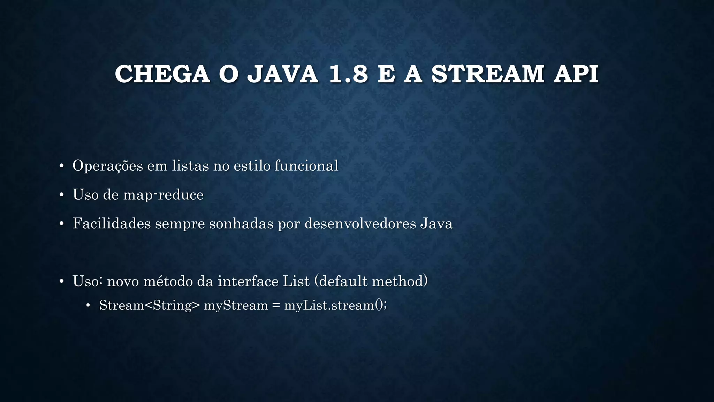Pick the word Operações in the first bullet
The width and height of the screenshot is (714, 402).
[x=108, y=166]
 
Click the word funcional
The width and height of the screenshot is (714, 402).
[x=306, y=166]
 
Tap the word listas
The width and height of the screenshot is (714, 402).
[x=190, y=166]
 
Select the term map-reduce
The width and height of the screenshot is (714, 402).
[x=163, y=195]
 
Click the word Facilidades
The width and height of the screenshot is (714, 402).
[x=112, y=224]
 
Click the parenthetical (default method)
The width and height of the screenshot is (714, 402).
[x=371, y=281]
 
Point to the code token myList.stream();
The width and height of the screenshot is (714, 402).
[x=335, y=305]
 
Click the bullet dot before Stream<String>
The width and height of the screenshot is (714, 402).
[x=88, y=306]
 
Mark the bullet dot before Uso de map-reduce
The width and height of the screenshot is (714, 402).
[x=61, y=195]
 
